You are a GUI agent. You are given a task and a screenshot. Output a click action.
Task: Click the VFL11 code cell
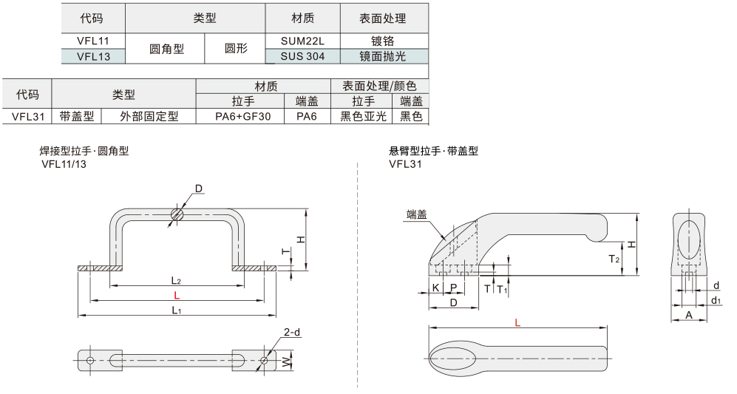pos(92,41)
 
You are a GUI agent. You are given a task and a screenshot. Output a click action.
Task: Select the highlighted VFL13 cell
pos(92,55)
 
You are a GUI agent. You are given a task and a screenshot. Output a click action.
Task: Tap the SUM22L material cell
pos(302,41)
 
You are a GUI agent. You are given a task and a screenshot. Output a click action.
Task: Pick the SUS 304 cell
pos(302,55)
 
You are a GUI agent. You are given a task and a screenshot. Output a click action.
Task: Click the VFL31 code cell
pos(27,115)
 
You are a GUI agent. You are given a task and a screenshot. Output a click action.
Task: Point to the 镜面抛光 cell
pos(383,55)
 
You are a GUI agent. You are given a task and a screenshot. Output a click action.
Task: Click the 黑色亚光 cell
pos(363,115)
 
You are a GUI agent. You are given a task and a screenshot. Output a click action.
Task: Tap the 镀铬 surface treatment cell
pos(383,41)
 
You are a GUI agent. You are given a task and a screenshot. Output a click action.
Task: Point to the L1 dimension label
pos(177,310)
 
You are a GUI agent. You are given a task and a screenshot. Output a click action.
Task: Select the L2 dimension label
pos(177,280)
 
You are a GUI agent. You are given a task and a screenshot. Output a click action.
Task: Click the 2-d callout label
pos(292,333)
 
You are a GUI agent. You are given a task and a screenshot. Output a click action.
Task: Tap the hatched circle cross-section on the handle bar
pos(177,214)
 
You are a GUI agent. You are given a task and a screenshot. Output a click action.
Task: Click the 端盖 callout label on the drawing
pos(417,215)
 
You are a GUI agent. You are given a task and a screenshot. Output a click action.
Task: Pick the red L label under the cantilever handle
pos(517,322)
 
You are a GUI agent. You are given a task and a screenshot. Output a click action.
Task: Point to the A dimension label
pos(688,314)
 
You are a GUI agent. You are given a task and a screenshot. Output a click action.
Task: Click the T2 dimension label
pos(614,259)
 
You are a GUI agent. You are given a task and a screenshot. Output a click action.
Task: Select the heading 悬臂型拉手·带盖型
pos(433,151)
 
